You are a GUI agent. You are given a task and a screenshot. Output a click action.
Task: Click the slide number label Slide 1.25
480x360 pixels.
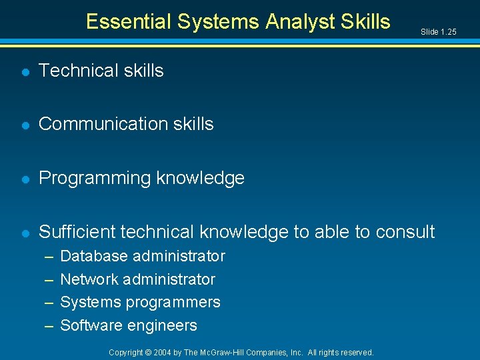pos(438,31)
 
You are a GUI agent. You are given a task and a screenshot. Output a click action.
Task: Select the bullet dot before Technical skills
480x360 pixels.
pos(24,71)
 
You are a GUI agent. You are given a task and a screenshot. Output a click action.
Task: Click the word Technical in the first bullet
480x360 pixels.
pos(78,71)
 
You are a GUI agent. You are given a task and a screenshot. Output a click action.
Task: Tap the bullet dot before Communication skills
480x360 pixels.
pos(24,125)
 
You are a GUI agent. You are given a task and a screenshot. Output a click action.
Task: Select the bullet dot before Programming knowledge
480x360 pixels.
pos(24,179)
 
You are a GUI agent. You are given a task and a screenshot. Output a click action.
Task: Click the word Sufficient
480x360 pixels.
pos(75,232)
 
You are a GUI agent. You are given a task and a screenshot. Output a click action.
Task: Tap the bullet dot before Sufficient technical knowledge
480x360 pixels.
pos(24,233)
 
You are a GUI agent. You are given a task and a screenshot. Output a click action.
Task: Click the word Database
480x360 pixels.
pos(94,256)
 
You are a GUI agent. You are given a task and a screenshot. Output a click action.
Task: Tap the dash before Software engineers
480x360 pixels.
pos(49,326)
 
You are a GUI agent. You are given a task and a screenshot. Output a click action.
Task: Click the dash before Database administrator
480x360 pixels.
pos(49,256)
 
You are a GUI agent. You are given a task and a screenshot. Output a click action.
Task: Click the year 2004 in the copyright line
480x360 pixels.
pos(163,352)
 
